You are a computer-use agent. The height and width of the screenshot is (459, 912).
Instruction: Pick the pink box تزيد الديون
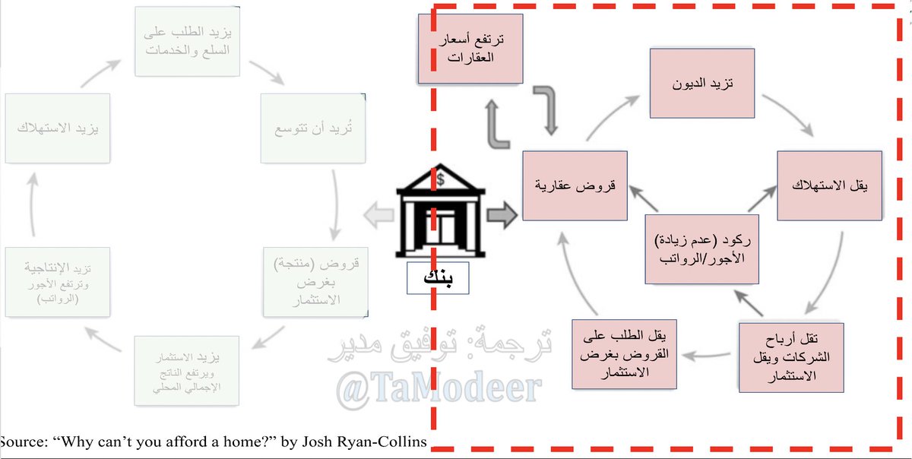(701, 82)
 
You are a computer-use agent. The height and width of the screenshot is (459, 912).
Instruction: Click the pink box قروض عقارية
(578, 185)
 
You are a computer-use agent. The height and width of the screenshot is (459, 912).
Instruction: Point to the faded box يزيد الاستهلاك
(58, 128)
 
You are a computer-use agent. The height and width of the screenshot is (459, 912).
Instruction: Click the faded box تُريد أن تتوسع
(312, 128)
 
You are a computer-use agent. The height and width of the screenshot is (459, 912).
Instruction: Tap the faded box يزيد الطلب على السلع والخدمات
(187, 41)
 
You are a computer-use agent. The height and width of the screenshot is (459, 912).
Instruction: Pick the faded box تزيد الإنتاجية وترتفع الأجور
(58, 280)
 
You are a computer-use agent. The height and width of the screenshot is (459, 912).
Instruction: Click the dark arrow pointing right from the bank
(501, 216)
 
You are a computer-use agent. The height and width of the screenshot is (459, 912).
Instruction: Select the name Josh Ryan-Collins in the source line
(365, 442)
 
